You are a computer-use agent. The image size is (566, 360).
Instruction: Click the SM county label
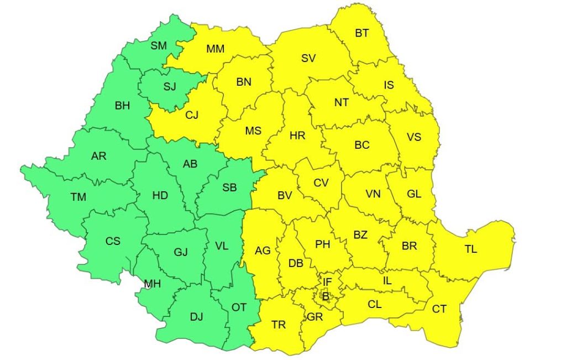(159, 46)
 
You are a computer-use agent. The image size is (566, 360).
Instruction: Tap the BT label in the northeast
(362, 33)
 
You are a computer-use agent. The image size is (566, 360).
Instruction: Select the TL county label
(470, 249)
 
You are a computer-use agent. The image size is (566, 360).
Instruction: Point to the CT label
(439, 309)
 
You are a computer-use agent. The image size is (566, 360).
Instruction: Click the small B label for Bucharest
(326, 297)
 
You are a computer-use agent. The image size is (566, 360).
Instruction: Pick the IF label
(327, 282)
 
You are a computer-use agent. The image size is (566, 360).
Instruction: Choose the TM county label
(78, 196)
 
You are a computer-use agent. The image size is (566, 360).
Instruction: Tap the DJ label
(197, 317)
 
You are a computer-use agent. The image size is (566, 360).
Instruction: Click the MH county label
(152, 284)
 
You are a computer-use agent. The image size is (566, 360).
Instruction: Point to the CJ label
(192, 115)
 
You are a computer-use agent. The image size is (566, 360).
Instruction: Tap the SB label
(229, 187)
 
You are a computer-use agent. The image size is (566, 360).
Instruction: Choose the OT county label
(239, 307)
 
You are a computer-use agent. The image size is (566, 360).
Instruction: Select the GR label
(315, 317)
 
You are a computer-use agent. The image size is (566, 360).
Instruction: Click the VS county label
(414, 135)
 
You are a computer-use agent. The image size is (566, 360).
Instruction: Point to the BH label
(122, 106)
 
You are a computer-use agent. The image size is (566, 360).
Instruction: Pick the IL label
(387, 281)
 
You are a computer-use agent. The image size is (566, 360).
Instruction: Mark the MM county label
(215, 49)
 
